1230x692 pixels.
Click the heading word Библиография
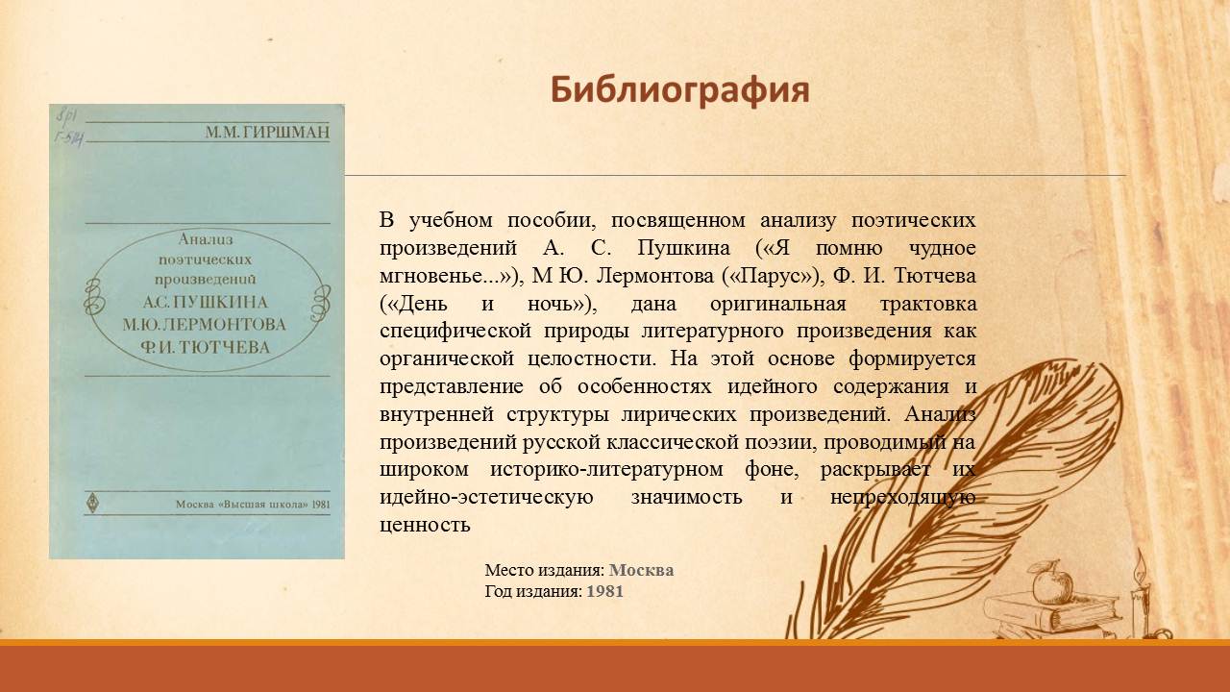[x=679, y=90]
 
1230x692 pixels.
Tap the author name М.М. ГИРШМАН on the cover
[x=267, y=133]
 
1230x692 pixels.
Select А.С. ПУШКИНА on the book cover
[x=206, y=302]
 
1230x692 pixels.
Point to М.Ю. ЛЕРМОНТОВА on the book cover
[x=205, y=325]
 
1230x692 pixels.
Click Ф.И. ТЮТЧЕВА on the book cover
[x=206, y=347]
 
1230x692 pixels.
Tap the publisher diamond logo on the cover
[x=93, y=503]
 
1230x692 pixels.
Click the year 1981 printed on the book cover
[x=321, y=505]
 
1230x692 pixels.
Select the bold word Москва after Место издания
[x=641, y=570]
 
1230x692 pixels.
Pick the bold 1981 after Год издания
[x=605, y=591]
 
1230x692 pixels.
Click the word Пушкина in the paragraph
[x=683, y=248]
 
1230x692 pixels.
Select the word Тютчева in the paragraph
[x=935, y=276]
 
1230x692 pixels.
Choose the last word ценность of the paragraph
[x=425, y=525]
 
